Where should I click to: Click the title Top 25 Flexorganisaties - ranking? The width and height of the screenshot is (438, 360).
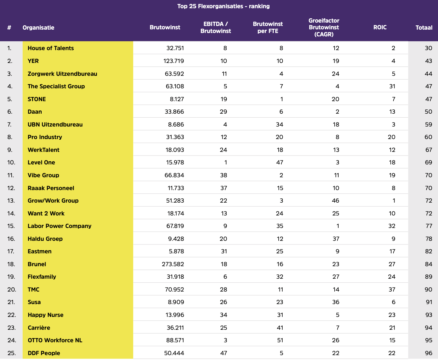coord(223,6)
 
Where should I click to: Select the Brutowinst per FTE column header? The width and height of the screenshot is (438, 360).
coord(268,28)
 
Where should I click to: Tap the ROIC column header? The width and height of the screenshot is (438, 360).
coord(380,28)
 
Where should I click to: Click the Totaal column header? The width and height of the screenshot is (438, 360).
coord(424,28)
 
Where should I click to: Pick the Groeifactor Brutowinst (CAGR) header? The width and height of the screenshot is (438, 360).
coord(324,28)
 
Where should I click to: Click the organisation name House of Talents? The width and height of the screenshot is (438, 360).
coord(51,48)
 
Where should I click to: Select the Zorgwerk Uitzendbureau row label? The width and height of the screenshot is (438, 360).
coord(62,74)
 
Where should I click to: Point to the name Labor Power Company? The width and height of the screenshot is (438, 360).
coord(59,226)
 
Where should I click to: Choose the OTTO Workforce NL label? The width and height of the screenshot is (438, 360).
coord(55,340)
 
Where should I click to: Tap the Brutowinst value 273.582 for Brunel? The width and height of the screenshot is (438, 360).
coord(173,264)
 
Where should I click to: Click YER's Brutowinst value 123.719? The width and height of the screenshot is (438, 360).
coord(173,61)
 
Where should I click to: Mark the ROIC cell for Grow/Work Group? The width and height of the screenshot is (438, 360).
coord(394,201)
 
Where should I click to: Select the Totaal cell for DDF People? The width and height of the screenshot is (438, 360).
coord(428,353)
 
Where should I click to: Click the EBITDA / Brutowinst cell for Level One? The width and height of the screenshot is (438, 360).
coord(225,163)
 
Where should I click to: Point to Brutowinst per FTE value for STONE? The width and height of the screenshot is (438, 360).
coord(281,99)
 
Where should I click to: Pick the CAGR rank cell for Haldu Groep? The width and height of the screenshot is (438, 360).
coord(336,239)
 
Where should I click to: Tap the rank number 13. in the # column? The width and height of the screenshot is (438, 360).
coord(11,201)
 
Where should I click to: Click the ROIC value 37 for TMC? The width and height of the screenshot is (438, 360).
coord(392,290)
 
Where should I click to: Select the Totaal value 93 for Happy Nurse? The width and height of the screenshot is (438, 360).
coord(429,315)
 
